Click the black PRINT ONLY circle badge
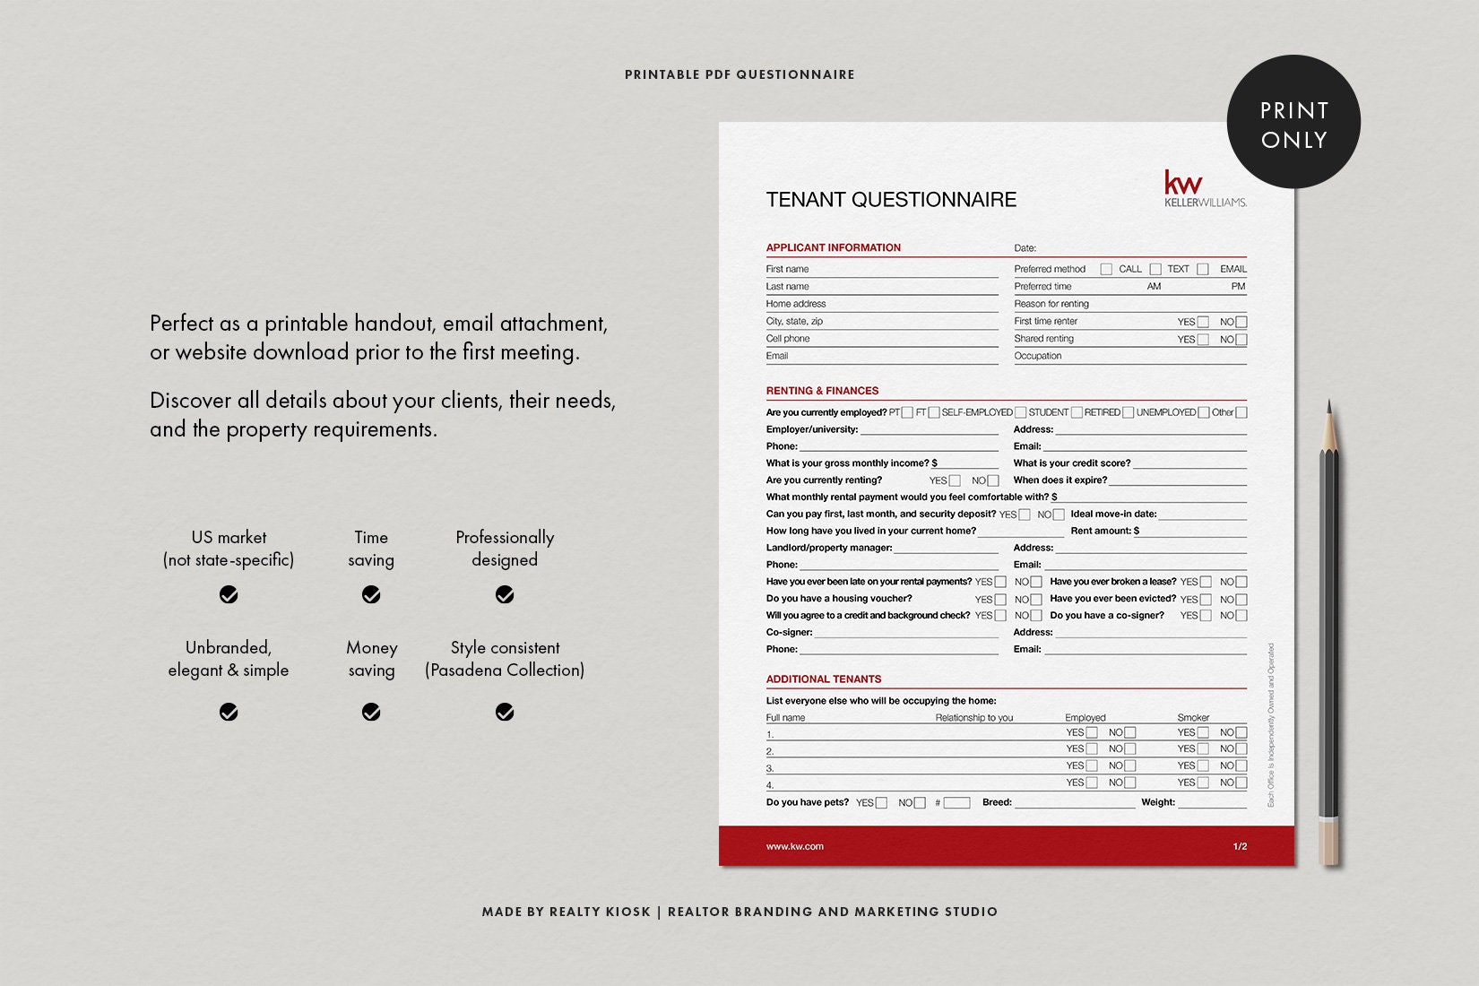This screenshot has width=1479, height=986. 1293,123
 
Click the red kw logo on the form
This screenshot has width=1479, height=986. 1183,183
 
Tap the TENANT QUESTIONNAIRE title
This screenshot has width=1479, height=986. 890,200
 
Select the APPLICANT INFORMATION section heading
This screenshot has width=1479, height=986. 833,247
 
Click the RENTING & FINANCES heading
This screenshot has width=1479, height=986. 822,391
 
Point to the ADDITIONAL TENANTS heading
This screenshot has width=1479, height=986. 823,679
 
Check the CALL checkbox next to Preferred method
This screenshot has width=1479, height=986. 1106,269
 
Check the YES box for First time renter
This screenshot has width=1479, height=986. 1203,322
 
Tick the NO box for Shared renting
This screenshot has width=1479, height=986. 1241,340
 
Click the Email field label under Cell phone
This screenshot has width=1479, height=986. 776,356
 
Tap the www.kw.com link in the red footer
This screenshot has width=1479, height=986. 794,846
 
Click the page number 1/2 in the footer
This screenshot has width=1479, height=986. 1240,846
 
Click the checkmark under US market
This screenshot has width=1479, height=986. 229,594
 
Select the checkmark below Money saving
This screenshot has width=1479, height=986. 371,712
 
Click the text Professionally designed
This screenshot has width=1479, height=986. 505,548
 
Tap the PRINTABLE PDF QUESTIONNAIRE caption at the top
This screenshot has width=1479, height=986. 739,74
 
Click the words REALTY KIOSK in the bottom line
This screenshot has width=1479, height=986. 600,912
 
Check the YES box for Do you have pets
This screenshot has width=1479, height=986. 881,803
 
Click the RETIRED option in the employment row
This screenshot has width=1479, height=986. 1102,412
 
